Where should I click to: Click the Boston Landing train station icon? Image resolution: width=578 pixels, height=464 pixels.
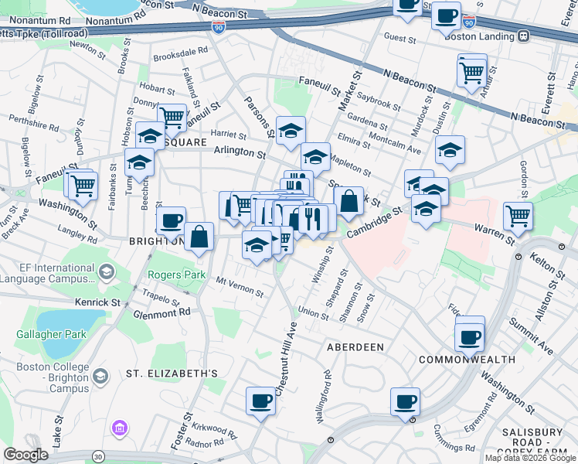pos(523,36)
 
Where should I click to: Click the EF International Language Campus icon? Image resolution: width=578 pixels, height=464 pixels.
pos(106,271)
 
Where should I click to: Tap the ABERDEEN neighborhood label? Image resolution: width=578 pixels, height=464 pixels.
pos(355,347)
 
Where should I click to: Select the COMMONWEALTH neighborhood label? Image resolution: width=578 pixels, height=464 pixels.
pos(466,360)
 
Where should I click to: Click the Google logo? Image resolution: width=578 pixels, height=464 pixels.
pos(26,455)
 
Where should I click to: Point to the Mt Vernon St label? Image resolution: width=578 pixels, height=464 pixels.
pos(240,288)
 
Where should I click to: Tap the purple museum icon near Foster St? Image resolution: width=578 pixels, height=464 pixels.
pos(119,428)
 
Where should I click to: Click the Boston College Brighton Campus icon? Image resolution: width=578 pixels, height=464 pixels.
pos(100,376)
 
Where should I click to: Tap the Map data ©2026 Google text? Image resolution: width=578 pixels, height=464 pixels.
pos(529,458)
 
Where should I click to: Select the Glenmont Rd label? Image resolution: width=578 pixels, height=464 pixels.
pos(161,312)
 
